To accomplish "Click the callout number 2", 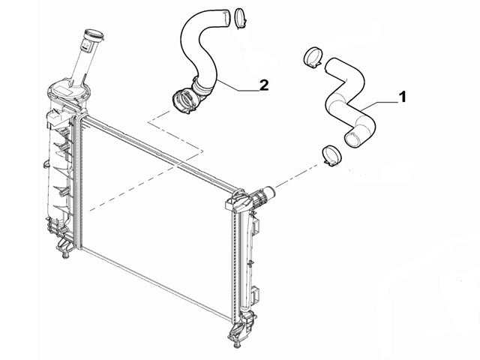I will (x=264, y=85).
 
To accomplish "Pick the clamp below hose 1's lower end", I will (x=331, y=156).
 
